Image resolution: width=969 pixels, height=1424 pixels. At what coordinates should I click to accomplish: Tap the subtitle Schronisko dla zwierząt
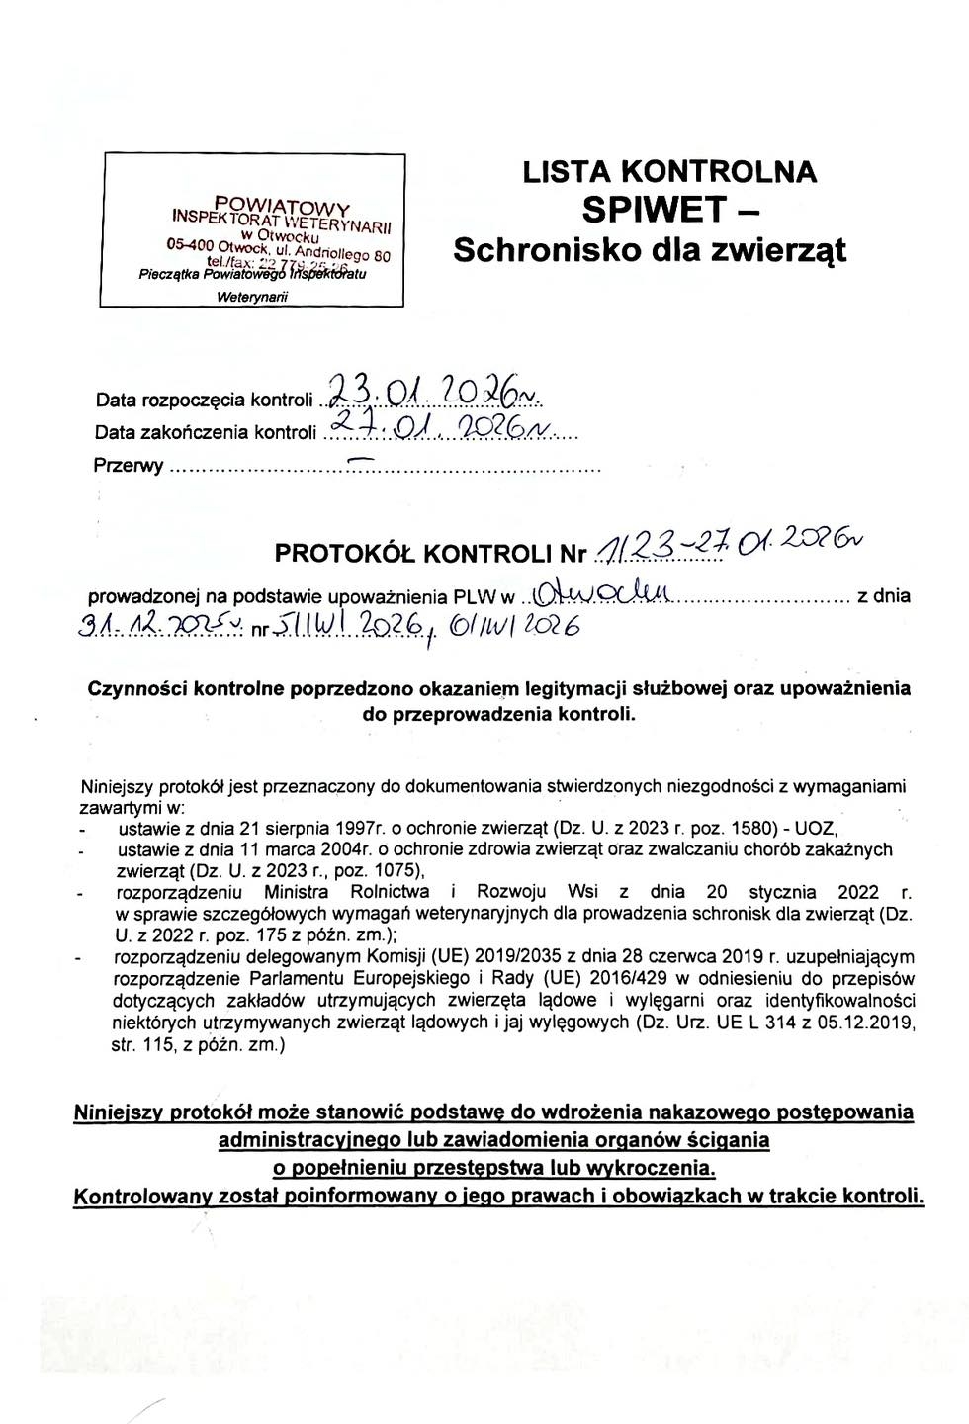[650, 250]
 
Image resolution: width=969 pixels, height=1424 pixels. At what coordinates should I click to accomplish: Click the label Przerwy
[128, 465]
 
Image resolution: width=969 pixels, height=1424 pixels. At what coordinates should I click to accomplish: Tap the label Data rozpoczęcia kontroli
[204, 400]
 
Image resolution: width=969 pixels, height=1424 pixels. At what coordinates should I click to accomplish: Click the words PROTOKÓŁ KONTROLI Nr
[430, 554]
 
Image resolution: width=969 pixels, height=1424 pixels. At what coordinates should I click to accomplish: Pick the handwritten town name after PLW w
[602, 594]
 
